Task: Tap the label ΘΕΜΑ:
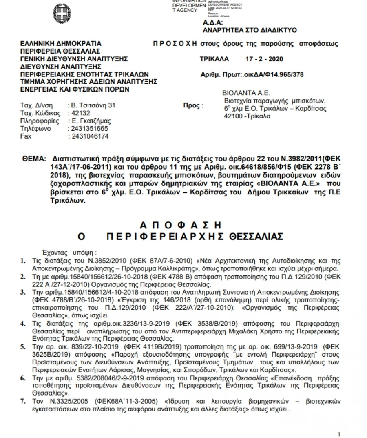(34, 157)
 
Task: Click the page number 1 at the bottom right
(339, 434)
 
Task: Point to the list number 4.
(23, 324)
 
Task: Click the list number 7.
(23, 402)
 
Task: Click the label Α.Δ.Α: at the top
(213, 23)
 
